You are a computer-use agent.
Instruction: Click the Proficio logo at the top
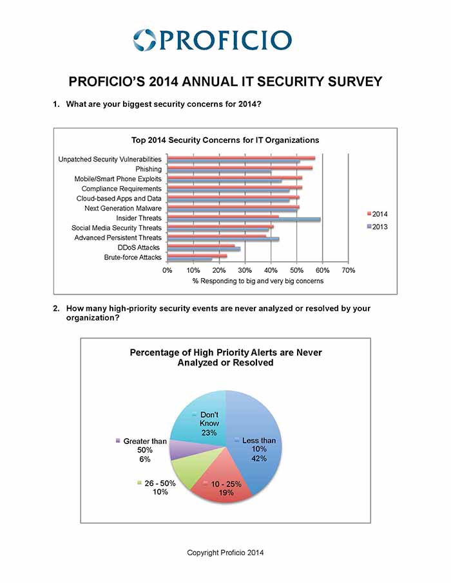[x=212, y=40]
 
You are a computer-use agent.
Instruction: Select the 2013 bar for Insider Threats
[x=244, y=219]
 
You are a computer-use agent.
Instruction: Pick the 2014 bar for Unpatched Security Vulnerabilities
[x=242, y=158]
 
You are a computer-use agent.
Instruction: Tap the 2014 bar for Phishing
[x=240, y=168]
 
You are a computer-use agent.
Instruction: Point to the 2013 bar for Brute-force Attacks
[x=189, y=259]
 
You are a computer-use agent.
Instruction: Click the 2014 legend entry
[x=377, y=214]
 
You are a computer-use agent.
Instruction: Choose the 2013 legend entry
[x=377, y=227]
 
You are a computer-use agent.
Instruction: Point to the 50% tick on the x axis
[x=297, y=270]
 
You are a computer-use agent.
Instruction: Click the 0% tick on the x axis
[x=168, y=270]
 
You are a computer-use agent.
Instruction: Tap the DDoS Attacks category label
[x=139, y=247]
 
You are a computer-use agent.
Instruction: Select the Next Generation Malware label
[x=123, y=208]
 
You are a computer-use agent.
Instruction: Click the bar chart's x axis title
[x=258, y=281]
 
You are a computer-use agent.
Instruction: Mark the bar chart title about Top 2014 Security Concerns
[x=225, y=140]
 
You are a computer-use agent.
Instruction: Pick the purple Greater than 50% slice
[x=178, y=449]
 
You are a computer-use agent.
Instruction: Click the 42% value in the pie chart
[x=259, y=458]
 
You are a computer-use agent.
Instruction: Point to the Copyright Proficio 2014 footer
[x=225, y=553]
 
